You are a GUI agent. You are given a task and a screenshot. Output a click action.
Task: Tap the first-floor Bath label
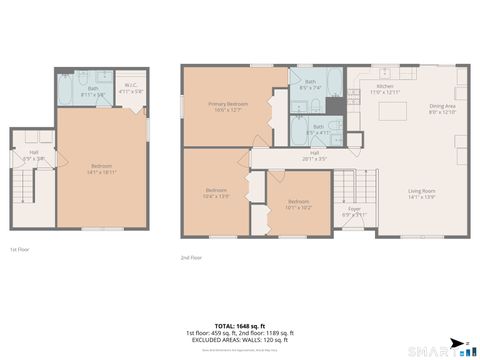click(92, 91)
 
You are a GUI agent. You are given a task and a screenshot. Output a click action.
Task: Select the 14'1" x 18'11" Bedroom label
click(102, 168)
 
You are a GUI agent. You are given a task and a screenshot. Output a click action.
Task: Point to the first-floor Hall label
click(33, 156)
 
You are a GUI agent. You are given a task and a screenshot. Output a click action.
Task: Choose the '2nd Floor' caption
click(192, 257)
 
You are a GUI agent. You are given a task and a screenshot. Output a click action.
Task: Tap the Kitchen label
click(385, 89)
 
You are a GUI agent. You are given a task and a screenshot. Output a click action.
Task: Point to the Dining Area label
click(442, 109)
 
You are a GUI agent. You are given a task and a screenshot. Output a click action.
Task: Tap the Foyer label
click(354, 211)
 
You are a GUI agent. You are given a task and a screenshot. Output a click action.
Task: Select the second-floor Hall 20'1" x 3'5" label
click(313, 155)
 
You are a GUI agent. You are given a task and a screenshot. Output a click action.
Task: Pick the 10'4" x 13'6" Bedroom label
click(217, 192)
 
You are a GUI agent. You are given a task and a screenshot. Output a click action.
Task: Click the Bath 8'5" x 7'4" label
click(308, 84)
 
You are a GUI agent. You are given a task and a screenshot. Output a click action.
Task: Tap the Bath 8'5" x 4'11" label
click(318, 129)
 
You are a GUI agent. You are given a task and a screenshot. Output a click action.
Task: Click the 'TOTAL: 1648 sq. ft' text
click(240, 325)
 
